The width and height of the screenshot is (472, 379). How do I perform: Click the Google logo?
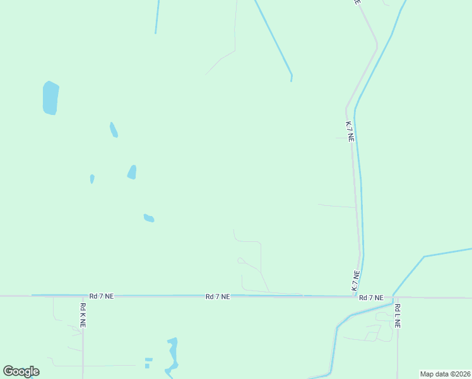(x=21, y=371)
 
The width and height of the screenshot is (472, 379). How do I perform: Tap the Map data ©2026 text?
(x=445, y=374)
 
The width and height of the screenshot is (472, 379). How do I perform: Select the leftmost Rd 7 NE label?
(x=101, y=296)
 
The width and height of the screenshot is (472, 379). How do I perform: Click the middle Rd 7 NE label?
(x=217, y=296)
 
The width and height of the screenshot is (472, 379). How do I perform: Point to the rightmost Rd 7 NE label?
(x=371, y=298)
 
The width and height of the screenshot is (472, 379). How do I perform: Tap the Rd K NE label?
(x=83, y=315)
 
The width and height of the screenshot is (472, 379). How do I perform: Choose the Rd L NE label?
(x=398, y=315)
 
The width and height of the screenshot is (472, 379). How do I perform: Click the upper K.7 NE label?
(x=349, y=131)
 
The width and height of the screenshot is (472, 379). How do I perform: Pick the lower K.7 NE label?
(x=356, y=281)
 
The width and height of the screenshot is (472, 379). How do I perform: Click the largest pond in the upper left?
(x=50, y=98)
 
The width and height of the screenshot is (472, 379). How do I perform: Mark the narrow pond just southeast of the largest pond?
(x=114, y=130)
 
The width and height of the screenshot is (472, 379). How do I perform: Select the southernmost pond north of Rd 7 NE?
(x=149, y=218)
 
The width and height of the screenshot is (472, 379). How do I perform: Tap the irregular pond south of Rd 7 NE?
(x=172, y=355)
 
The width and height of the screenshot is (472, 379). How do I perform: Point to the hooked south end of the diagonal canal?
(x=291, y=78)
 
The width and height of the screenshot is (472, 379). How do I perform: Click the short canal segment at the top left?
(x=157, y=16)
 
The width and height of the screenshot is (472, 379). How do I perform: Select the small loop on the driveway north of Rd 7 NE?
(x=240, y=260)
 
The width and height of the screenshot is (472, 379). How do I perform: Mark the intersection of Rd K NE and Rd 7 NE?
(x=83, y=296)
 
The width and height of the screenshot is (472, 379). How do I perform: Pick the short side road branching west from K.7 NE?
(x=337, y=205)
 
